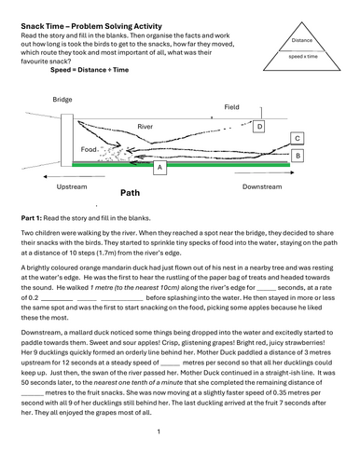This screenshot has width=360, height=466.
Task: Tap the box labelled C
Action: click(x=297, y=138)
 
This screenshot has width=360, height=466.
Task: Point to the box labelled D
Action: click(x=260, y=127)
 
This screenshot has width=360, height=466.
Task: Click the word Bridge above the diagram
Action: click(x=62, y=99)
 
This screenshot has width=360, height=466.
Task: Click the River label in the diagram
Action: click(x=145, y=125)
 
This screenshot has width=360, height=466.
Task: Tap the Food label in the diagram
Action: click(x=90, y=149)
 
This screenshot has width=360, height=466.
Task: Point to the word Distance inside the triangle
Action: click(x=301, y=40)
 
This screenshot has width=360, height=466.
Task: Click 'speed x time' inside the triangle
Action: click(x=301, y=58)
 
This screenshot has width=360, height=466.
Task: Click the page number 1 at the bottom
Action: click(x=159, y=431)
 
